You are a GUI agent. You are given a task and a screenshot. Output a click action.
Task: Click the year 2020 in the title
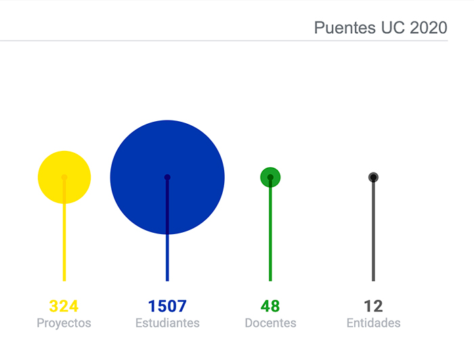pyautogui.click(x=429, y=28)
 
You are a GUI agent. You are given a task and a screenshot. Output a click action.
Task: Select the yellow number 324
pyautogui.click(x=64, y=306)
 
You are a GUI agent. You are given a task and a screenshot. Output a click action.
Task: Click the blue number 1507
pyautogui.click(x=167, y=306)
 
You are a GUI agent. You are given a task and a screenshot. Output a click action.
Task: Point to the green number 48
pyautogui.click(x=270, y=306)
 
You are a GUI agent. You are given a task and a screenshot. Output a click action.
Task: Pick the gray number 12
pyautogui.click(x=373, y=306)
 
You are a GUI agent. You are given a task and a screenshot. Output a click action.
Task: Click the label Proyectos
pyautogui.click(x=64, y=323)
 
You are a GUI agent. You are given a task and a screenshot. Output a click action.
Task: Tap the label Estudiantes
pyautogui.click(x=167, y=323)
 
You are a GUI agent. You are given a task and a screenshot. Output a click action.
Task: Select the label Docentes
pyautogui.click(x=270, y=323)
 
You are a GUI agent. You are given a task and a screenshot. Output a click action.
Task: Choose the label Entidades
pyautogui.click(x=373, y=323)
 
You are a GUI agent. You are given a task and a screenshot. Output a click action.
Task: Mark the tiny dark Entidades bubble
pyautogui.click(x=373, y=177)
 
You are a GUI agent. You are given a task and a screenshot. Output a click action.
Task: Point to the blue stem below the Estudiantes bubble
pyautogui.click(x=167, y=261)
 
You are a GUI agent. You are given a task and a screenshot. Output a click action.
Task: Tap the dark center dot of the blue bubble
pyautogui.click(x=167, y=177)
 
